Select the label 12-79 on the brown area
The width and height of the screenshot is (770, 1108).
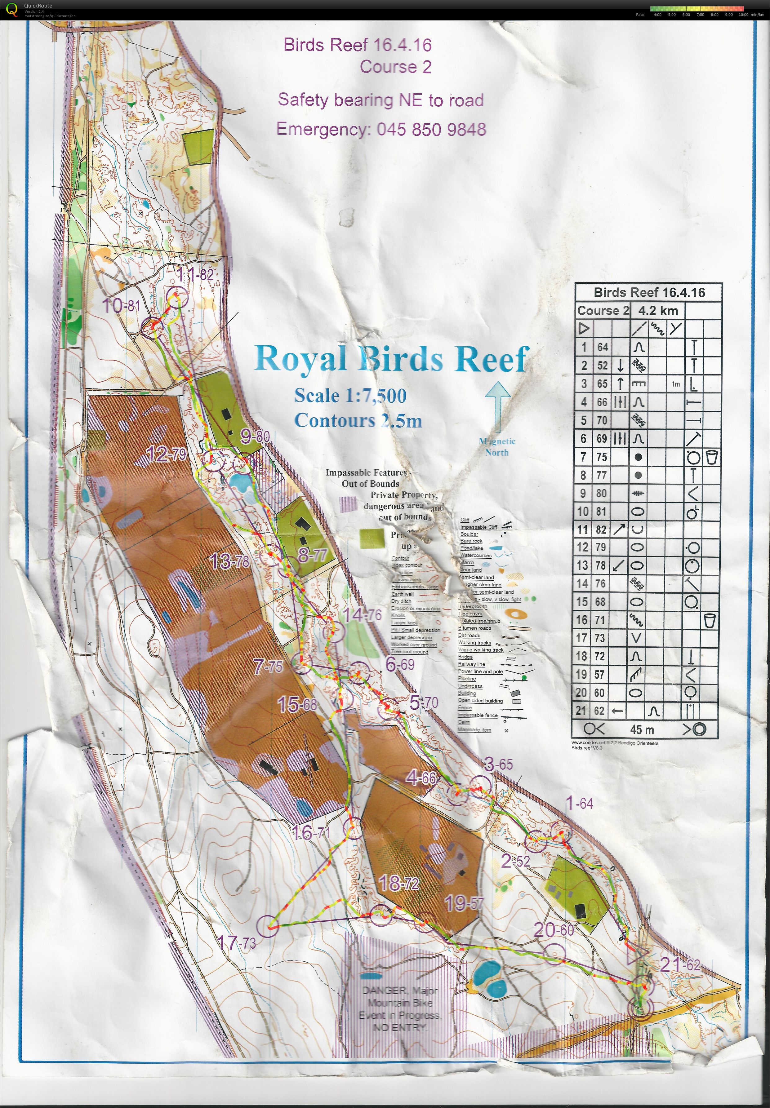(166, 454)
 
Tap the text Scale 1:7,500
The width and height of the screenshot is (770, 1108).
(350, 396)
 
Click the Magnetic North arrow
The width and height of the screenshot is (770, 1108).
(497, 405)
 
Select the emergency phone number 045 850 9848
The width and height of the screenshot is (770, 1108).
(431, 129)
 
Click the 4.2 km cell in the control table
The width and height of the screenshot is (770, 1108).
(658, 311)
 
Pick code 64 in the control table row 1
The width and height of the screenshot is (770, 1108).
(602, 347)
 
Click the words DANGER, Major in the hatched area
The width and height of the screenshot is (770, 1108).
(400, 990)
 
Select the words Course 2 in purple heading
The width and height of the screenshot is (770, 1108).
(395, 67)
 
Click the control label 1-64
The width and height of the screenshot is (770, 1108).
(579, 804)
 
